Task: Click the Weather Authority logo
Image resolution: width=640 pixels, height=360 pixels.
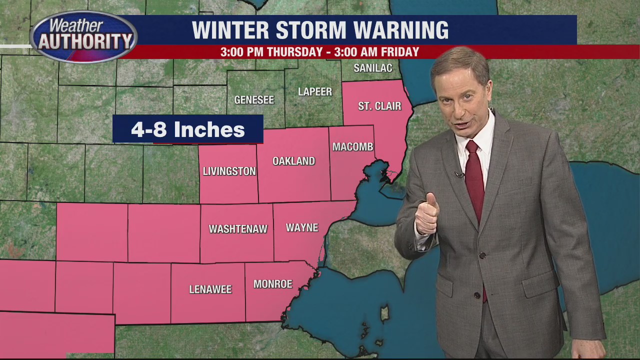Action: point(83,37)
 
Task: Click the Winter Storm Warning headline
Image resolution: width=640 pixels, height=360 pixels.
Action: point(320,30)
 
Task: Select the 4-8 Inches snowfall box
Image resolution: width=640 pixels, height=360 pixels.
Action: point(187,129)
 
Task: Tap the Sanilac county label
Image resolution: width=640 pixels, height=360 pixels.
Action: point(372,68)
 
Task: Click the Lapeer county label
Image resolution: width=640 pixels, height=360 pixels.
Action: point(314,92)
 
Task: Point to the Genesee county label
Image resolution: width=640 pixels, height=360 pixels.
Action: point(254,100)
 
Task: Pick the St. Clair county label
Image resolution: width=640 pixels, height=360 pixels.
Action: point(379,106)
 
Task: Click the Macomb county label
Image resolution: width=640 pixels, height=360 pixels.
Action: point(353,147)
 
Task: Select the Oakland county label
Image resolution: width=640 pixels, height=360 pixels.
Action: point(293,161)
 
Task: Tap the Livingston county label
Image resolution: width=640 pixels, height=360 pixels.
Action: point(229,171)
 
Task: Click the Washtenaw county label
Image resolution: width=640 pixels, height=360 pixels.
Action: point(238,229)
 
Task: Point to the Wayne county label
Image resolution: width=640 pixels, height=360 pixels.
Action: point(301,228)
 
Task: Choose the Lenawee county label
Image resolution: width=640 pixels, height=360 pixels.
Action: point(210,289)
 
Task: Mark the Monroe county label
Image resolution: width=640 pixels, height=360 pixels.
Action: point(272,284)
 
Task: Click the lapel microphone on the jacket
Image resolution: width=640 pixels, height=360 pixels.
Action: point(457,174)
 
